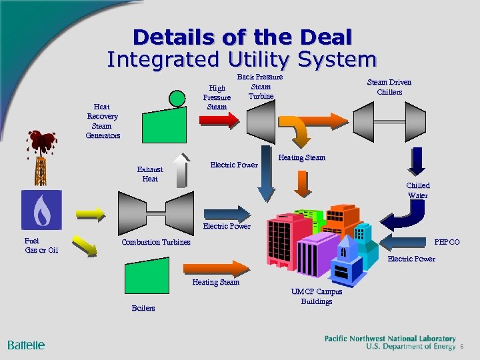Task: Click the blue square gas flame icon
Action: [x=41, y=210]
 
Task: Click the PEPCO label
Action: [x=447, y=242]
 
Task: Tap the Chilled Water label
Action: [x=418, y=190]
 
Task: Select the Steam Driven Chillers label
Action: [x=389, y=87]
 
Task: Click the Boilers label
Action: [x=143, y=308]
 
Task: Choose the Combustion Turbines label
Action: [x=156, y=242]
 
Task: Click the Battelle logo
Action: [x=26, y=345]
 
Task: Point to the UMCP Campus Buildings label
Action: [x=317, y=297]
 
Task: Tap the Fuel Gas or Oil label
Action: [x=41, y=245]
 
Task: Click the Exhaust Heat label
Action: [x=150, y=174]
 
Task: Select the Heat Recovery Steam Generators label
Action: [x=102, y=121]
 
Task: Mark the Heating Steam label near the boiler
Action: [x=215, y=283]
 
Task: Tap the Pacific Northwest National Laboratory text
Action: [x=390, y=339]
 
